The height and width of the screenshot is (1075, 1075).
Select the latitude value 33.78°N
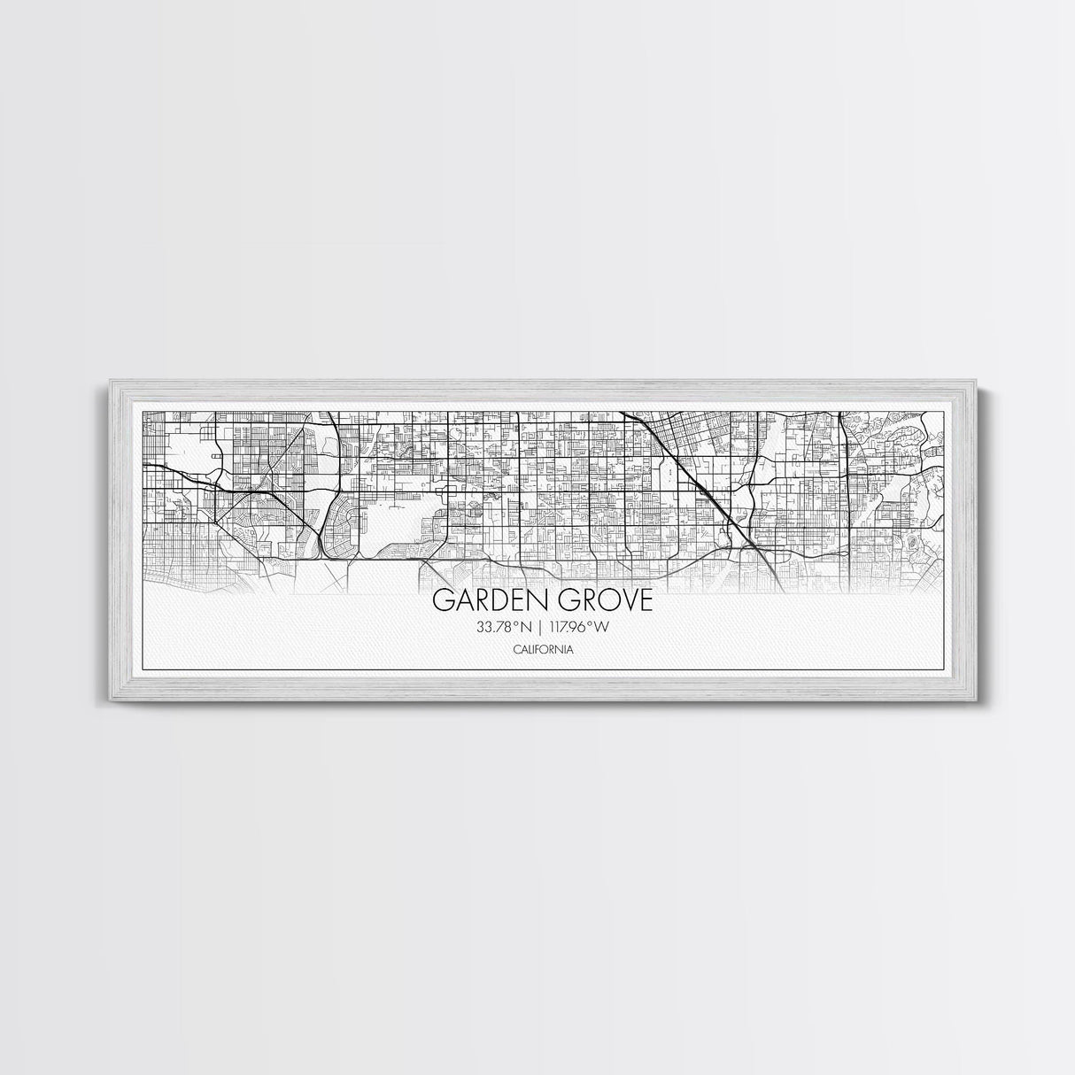click(502, 628)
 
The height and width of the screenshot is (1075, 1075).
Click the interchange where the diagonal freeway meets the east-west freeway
click(746, 546)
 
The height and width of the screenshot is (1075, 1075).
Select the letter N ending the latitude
click(525, 628)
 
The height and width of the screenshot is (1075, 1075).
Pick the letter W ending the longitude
click(605, 628)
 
